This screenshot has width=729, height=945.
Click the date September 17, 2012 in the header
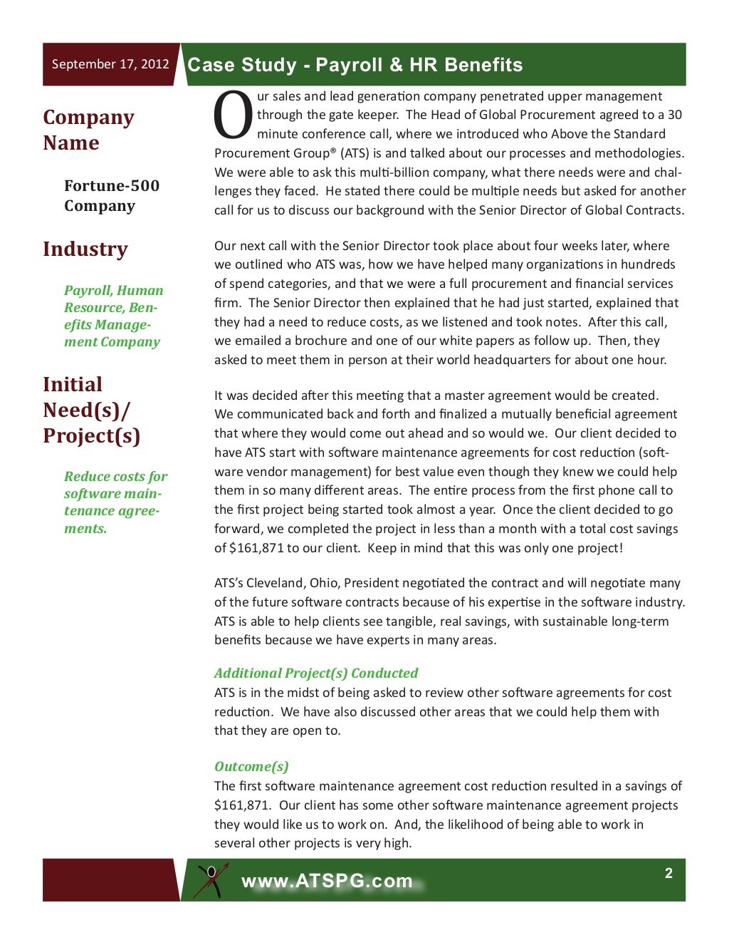coord(110,64)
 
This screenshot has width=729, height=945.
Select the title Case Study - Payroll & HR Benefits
coord(355,65)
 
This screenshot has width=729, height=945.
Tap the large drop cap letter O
coord(233,116)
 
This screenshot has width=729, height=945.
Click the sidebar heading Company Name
coord(88,130)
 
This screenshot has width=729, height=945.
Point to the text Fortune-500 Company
coord(111,195)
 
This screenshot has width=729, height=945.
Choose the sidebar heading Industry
coord(85,249)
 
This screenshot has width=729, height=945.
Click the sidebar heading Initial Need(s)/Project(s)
coord(91,410)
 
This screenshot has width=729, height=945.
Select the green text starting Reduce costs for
coord(115,502)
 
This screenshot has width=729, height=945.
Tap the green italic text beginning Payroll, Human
coord(113,316)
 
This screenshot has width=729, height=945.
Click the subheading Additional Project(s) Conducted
coord(316,673)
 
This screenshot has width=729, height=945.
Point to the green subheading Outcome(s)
coord(251,766)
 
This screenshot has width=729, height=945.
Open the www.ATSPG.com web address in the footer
coord(327,881)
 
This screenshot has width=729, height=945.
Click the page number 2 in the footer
coord(668,873)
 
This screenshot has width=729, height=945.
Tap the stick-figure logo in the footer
coord(211,880)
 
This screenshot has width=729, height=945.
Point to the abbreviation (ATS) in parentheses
coord(353,153)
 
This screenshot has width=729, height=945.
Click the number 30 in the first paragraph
coord(674,115)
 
